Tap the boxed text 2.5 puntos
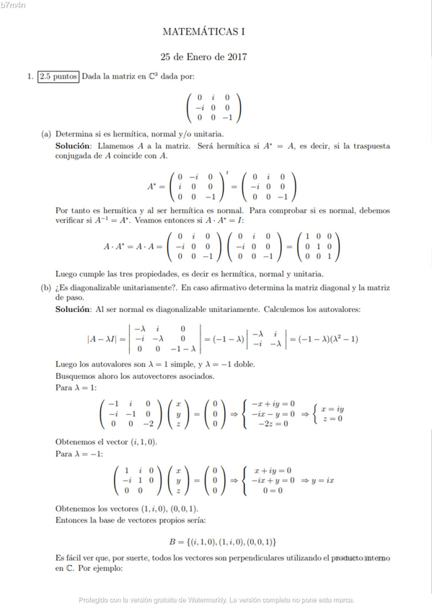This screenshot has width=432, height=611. coord(58,76)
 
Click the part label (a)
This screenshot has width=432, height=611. coord(46,134)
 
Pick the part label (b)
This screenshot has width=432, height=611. coord(46,287)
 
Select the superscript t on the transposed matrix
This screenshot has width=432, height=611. coord(226,171)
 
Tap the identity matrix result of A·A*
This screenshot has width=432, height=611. coord(317,246)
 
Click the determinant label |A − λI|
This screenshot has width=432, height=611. coord(102,338)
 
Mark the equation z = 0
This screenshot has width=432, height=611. coord(332,418)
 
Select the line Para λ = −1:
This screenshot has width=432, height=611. coord(79,453)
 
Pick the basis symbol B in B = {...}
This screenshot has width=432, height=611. coord(172,540)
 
